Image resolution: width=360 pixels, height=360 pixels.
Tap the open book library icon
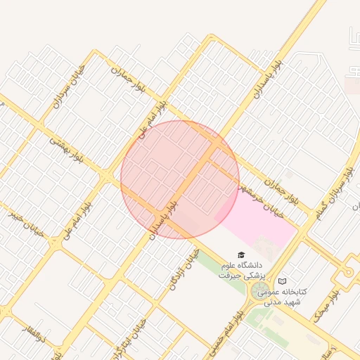(282, 281)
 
